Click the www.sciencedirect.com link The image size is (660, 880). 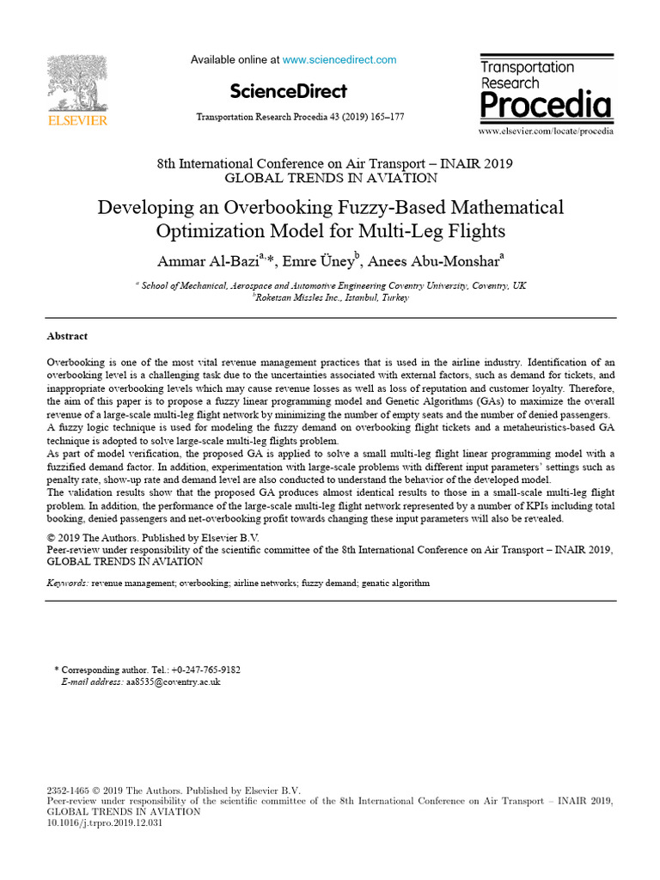point(339,60)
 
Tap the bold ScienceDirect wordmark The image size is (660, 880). point(289,91)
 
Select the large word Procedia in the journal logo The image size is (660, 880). point(546,106)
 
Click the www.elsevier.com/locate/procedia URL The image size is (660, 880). point(546,131)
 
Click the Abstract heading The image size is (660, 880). point(67,336)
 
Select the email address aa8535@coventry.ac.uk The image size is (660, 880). point(173,681)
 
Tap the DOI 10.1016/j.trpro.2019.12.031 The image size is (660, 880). point(104,822)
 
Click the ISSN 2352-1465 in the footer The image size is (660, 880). point(66,790)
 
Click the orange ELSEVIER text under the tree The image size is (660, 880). point(77,121)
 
